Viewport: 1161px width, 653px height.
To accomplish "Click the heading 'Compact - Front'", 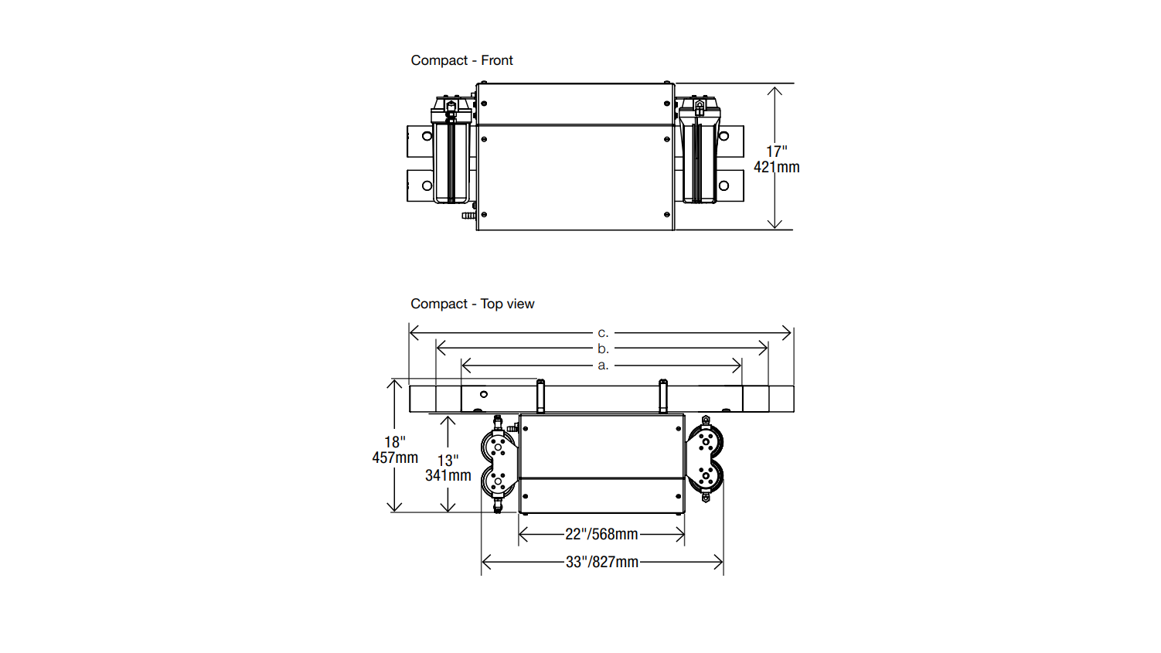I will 461,60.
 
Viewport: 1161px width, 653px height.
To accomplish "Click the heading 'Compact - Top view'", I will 472,304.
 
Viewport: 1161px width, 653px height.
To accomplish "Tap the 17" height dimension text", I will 776,151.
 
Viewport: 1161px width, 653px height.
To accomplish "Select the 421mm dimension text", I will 776,167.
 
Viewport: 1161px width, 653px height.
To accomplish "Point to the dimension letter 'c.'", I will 603,333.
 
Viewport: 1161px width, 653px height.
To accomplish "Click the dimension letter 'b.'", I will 603,349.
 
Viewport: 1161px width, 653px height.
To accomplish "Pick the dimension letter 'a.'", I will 603,365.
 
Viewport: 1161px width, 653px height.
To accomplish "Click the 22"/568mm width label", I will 601,534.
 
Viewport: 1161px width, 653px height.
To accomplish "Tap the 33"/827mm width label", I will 601,562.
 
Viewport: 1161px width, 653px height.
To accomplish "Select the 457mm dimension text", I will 395,457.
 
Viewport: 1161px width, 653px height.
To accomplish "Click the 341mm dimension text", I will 448,475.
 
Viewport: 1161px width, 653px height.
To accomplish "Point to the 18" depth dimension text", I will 395,442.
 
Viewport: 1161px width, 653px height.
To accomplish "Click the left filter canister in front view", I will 451,158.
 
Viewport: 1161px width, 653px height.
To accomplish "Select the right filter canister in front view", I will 700,158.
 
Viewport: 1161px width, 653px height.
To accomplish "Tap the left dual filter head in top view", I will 499,464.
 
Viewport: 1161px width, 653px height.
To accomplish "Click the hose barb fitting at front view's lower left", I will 468,216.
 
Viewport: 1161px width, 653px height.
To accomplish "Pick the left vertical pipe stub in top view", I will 540,396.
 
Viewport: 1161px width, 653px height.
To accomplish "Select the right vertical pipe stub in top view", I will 662,396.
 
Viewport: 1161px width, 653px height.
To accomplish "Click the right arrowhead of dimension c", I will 788,333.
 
